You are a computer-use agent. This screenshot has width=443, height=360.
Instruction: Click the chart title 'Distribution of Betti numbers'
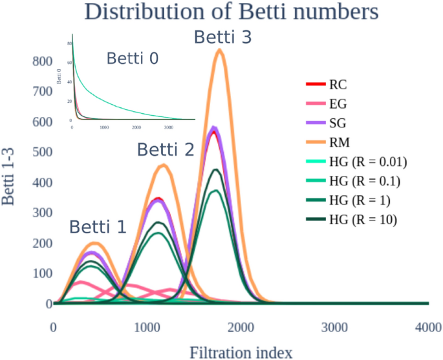point(221,12)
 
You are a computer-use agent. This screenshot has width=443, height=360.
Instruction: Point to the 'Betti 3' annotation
point(223,38)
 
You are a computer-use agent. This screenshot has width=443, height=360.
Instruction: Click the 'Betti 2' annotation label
point(165,151)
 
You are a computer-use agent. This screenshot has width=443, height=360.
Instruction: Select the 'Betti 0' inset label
point(133,59)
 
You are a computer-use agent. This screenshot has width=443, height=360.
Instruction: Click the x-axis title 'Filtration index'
point(241,352)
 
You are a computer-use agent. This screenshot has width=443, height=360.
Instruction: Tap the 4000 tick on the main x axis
point(428,328)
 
